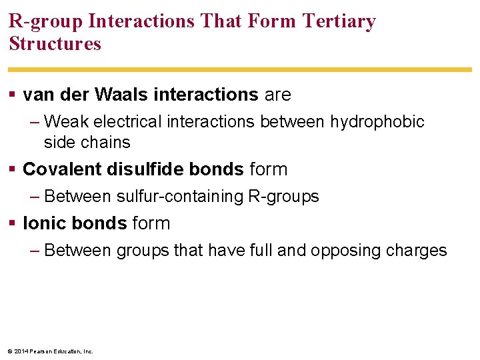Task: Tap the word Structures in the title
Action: pyautogui.click(x=55, y=44)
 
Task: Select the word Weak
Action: pyautogui.click(x=67, y=122)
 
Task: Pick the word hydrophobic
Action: pyautogui.click(x=377, y=122)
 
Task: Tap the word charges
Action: pyautogui.click(x=420, y=251)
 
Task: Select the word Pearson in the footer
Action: pyautogui.click(x=42, y=351)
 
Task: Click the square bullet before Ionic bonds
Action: pyautogui.click(x=13, y=224)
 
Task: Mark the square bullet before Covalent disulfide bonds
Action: pyautogui.click(x=13, y=170)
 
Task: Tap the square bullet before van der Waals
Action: pyautogui.click(x=13, y=95)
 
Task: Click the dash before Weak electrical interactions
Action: pyautogui.click(x=35, y=122)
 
